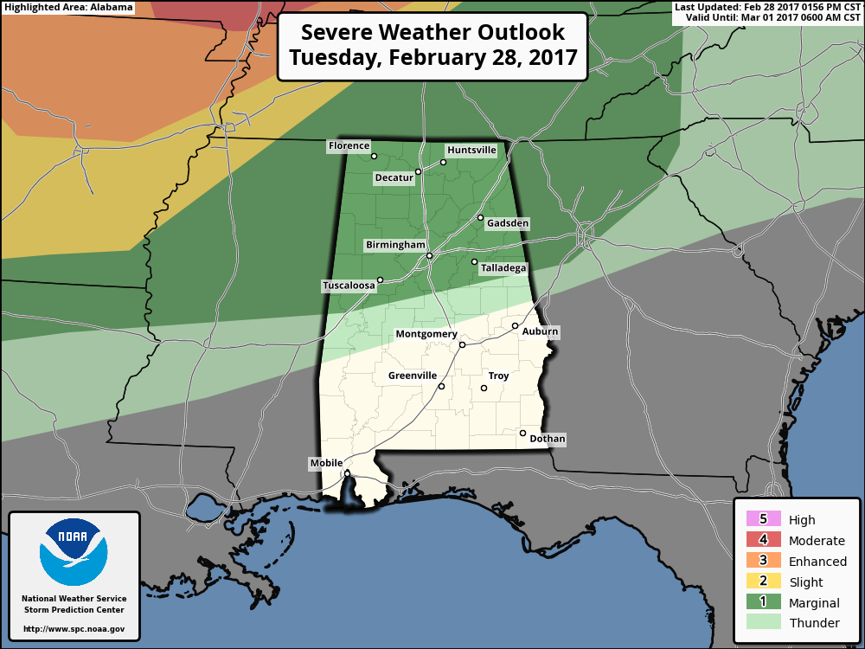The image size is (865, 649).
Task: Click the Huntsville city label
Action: (x=471, y=150)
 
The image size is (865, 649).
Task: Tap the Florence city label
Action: (x=349, y=146)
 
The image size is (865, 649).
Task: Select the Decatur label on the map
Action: (x=394, y=178)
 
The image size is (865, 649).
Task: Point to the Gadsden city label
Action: (x=507, y=223)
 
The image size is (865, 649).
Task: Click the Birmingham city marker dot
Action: (x=429, y=255)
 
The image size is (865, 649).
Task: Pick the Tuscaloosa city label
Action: (x=349, y=286)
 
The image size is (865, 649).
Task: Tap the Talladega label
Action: (x=503, y=268)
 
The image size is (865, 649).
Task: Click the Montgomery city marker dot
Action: (x=462, y=344)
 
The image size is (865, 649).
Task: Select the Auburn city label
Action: (x=540, y=331)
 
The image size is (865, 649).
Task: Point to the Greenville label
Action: (x=412, y=376)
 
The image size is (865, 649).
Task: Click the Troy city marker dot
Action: (x=484, y=388)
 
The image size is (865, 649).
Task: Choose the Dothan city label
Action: (x=547, y=439)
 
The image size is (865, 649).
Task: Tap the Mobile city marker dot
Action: (x=347, y=473)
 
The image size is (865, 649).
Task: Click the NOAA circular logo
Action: (x=74, y=552)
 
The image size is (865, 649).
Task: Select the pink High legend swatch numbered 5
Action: (x=763, y=519)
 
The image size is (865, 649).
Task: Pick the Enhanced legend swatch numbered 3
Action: (x=763, y=561)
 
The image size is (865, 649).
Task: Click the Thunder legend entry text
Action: (x=814, y=623)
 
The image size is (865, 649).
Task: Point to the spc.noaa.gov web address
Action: (x=74, y=629)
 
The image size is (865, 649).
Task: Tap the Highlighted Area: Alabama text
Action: (x=68, y=7)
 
